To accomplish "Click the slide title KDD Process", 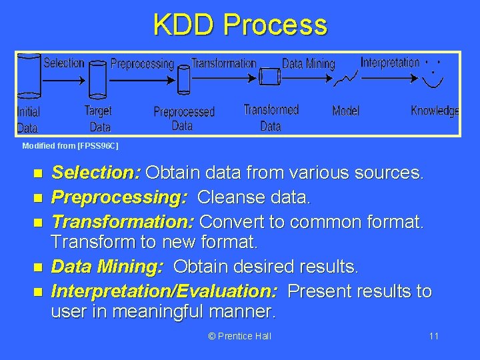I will pos(240,25).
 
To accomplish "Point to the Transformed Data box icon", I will pos(269,77).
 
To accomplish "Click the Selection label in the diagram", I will pos(64,63).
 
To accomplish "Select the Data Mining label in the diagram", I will pos(308,64).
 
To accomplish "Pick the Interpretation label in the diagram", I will pos(390,62).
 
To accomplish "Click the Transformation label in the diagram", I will pos(223,63).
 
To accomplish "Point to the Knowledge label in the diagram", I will pos(435,111).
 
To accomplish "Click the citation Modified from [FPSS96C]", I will pos(70,145).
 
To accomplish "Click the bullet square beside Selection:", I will pos(37,174).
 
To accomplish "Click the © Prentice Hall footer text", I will pos(240,336).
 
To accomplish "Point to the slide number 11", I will pos(433,336).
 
